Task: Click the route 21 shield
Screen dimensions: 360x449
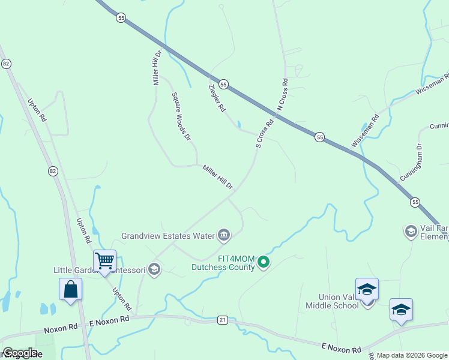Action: click(x=223, y=321)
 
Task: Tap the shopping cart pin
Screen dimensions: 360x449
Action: click(x=104, y=261)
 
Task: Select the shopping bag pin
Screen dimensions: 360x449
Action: click(x=70, y=289)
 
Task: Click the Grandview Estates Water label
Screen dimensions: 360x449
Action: click(x=167, y=236)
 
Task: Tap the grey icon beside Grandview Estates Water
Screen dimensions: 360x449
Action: click(x=224, y=235)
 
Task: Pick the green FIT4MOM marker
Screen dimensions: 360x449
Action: click(x=263, y=262)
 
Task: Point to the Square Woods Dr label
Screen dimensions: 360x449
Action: click(x=181, y=116)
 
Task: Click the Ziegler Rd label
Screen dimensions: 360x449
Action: click(x=216, y=98)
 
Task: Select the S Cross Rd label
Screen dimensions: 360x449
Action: click(x=265, y=133)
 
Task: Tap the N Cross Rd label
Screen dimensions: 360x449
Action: click(x=282, y=94)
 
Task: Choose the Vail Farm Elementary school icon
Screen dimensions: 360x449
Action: click(x=411, y=231)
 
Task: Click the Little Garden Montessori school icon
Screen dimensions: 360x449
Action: click(x=154, y=269)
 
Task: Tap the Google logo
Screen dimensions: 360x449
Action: click(x=20, y=353)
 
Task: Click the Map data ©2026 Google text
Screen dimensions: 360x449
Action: click(x=411, y=355)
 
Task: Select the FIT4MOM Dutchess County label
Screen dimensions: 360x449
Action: click(x=223, y=263)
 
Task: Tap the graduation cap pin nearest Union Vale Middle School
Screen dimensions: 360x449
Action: click(x=367, y=289)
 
